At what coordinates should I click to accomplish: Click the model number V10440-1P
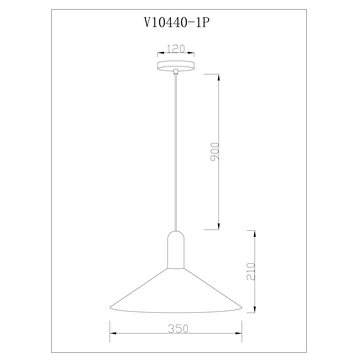click(x=179, y=29)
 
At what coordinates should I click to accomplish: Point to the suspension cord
click(x=179, y=150)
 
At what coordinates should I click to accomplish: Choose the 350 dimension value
click(x=179, y=327)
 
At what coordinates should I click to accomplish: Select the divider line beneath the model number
click(x=179, y=41)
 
